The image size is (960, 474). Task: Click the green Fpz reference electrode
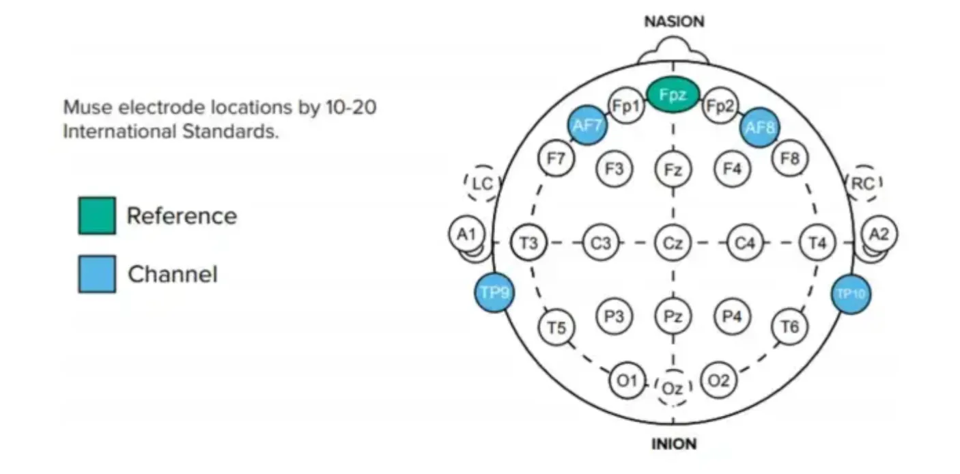[673, 96]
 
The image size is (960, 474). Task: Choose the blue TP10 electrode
[851, 294]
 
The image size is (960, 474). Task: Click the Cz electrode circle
[673, 242]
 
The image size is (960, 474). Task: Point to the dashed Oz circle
[673, 388]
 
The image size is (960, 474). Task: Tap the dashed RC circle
[864, 182]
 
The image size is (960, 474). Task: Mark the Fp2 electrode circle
[720, 106]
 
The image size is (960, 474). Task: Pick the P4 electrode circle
[732, 316]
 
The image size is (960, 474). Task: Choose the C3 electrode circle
[600, 242]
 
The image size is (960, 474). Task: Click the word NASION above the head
[674, 22]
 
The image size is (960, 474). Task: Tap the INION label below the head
[674, 444]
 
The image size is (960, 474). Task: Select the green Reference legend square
[96, 216]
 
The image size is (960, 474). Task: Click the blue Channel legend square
[96, 275]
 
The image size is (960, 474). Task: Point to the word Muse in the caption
[83, 108]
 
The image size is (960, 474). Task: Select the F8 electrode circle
[790, 159]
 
